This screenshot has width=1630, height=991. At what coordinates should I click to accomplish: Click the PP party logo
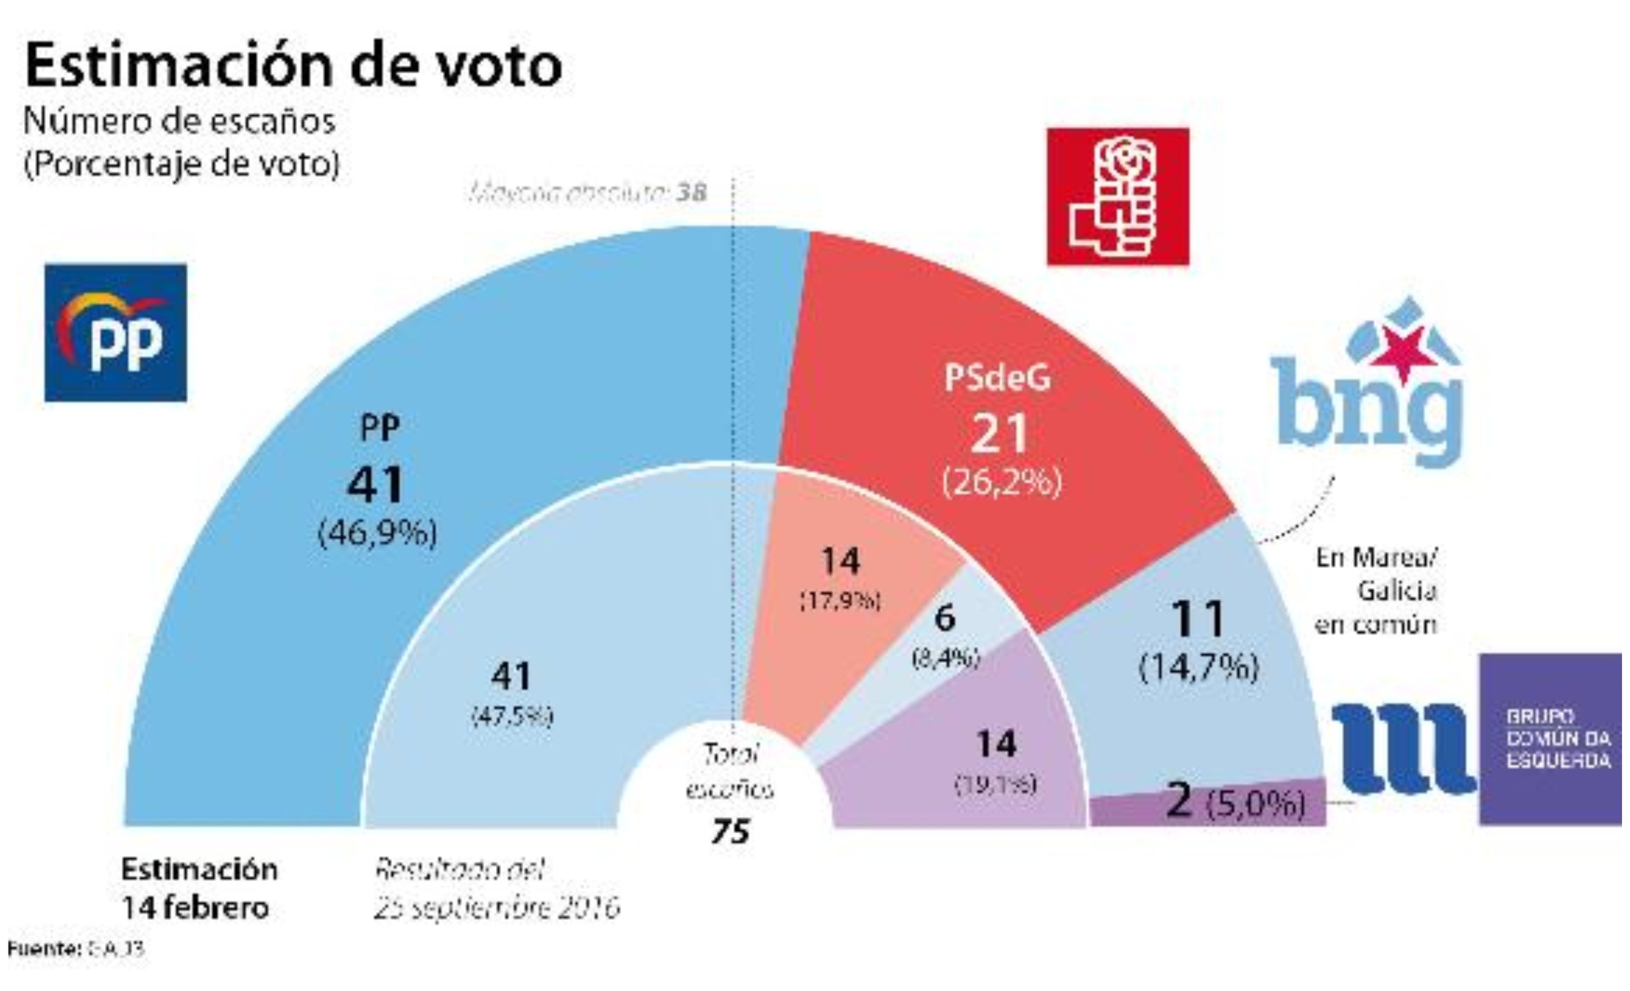(116, 333)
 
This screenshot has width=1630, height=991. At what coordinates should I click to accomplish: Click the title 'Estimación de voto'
(294, 65)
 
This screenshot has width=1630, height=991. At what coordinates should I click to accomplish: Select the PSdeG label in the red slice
(998, 378)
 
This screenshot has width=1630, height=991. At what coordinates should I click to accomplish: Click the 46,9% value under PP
(378, 533)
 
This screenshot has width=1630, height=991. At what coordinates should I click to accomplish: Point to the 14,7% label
(1198, 667)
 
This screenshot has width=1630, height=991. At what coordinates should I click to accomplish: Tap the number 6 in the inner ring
(945, 618)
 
